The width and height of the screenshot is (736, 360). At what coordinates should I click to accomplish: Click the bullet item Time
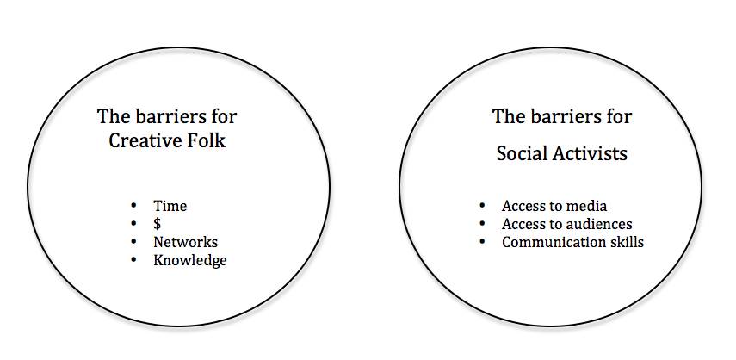pos(170,207)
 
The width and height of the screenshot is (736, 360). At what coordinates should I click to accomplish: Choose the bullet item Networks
pos(185,242)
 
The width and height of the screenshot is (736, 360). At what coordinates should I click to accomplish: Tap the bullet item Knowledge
pos(189,260)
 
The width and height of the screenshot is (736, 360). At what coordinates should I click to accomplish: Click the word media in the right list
pos(587,207)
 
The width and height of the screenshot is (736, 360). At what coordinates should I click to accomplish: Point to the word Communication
pos(550,242)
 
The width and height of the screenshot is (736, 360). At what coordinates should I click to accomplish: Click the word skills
pos(623,242)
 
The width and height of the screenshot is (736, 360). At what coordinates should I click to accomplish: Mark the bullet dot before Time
pos(133,207)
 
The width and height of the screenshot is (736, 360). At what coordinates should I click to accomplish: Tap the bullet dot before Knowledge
pos(133,260)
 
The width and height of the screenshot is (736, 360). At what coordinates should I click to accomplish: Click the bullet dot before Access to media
pos(482,207)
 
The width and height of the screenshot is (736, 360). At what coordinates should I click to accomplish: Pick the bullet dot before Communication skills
pos(482,242)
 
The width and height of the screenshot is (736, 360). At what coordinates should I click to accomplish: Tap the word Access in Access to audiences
pos(523,225)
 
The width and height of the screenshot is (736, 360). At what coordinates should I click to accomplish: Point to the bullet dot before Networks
pos(133,242)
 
